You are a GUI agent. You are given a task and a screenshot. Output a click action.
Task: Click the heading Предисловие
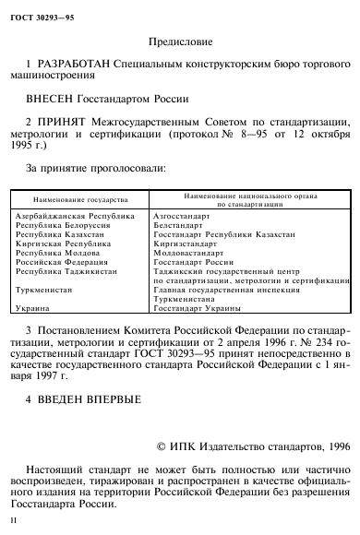179,42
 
